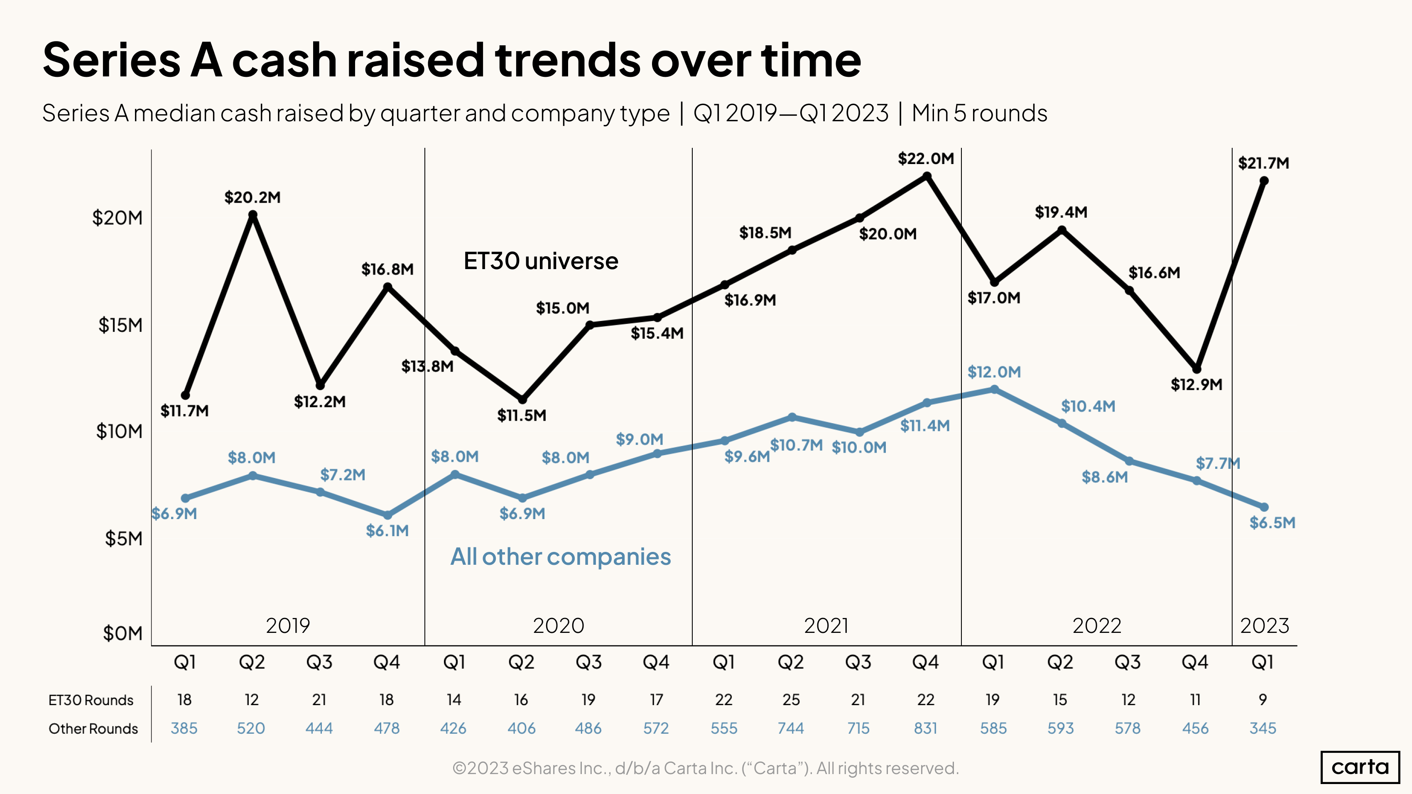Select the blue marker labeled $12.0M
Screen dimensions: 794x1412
[x=994, y=390]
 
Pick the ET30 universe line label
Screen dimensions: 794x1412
[x=540, y=261]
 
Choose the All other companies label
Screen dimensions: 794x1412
[x=560, y=557]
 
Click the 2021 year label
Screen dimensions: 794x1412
[x=826, y=626]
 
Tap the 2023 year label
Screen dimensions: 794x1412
[x=1264, y=626]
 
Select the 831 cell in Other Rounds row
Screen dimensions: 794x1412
[x=925, y=728]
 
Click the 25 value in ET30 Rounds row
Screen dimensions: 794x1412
[x=791, y=700]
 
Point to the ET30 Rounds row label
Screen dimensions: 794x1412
[x=91, y=700]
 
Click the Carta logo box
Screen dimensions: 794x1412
[x=1360, y=767]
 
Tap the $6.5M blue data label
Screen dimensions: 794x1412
[x=1272, y=523]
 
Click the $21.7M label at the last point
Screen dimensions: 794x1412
[x=1263, y=163]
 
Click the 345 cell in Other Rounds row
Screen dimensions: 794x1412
[x=1263, y=728]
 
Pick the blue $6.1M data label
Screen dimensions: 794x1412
[x=387, y=530]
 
